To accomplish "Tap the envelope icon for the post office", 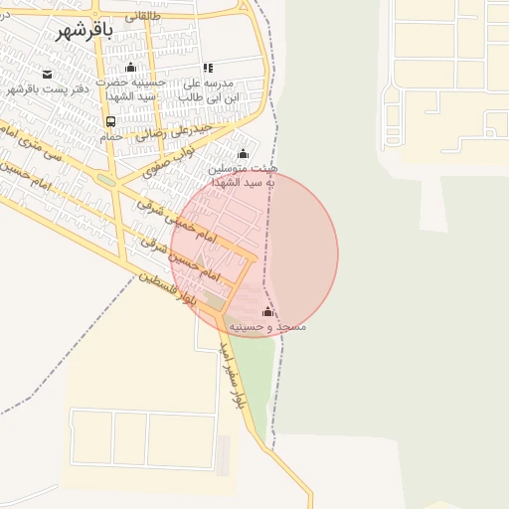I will click(47, 74).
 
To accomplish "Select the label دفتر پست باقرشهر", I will click(48, 88).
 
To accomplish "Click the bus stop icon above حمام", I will click(110, 121).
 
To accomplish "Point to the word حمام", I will click(110, 136).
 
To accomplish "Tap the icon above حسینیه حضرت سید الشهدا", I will click(130, 68).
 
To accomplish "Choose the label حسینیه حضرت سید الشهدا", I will click(130, 89).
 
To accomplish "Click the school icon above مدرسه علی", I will click(208, 68).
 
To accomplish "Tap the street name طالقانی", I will click(142, 16).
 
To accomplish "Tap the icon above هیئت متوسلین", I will click(243, 153).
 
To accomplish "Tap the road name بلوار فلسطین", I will click(164, 289).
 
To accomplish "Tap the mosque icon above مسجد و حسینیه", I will click(267, 311).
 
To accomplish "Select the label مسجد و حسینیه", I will click(267, 326).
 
